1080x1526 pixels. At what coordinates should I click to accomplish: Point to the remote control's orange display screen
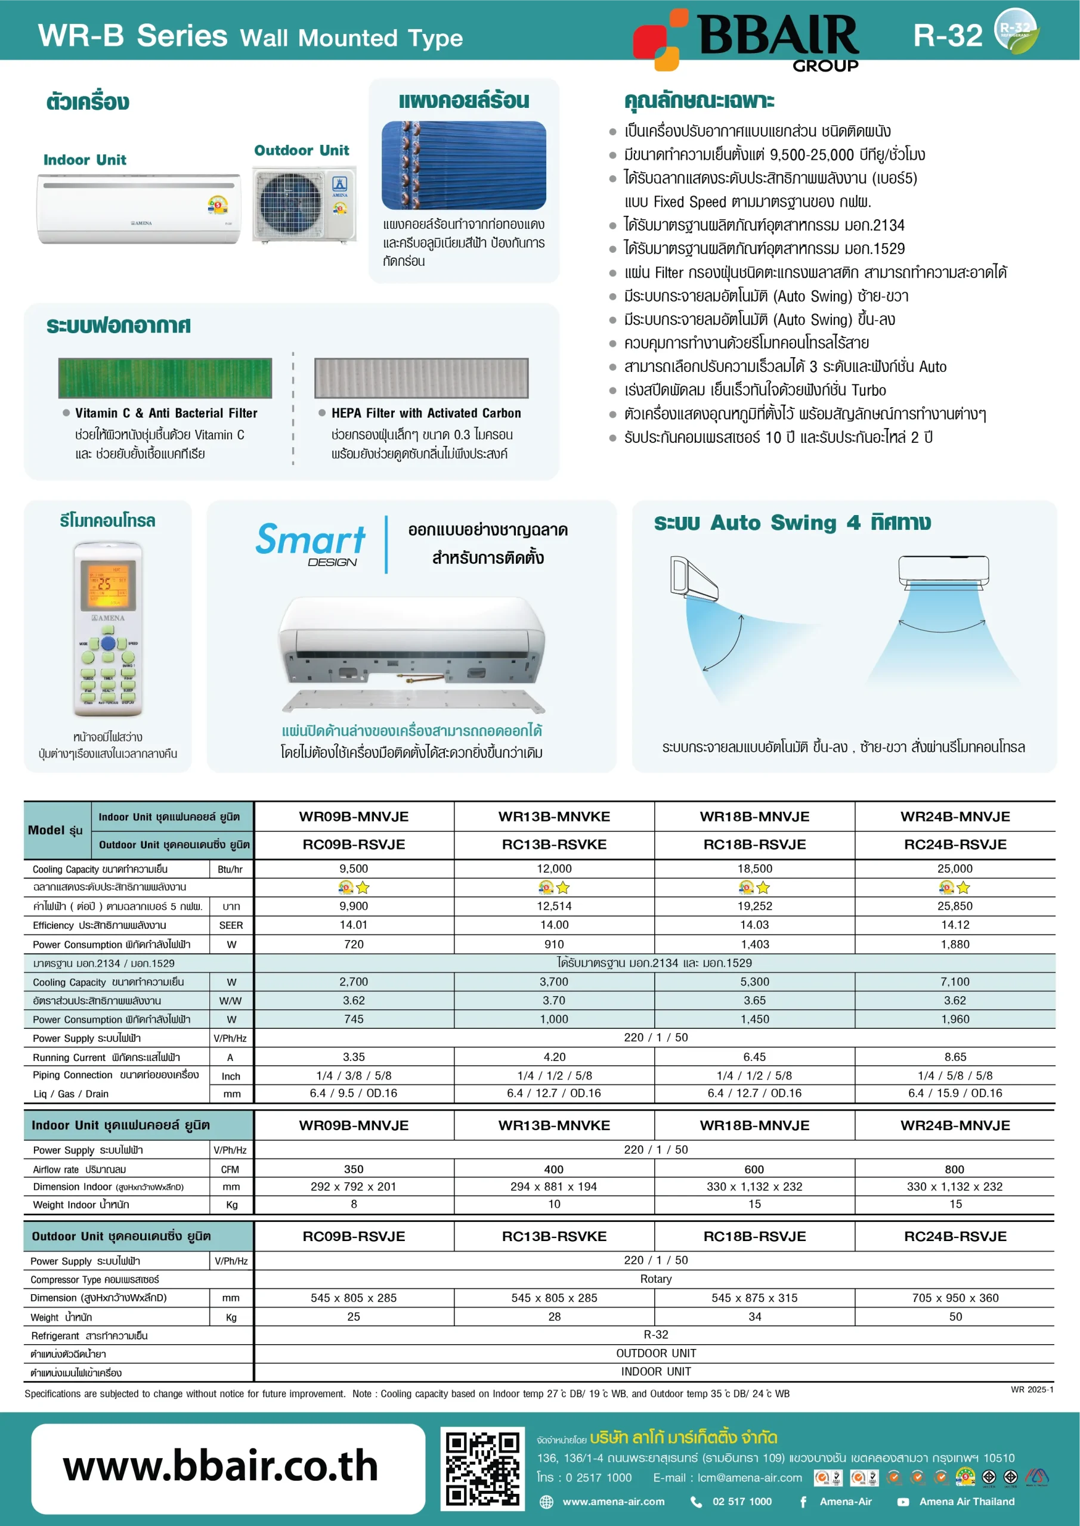tap(108, 584)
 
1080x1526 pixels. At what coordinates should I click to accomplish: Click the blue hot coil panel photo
tap(463, 165)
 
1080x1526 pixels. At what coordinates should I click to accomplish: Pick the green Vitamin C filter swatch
tap(165, 377)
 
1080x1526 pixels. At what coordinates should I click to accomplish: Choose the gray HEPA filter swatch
tap(421, 377)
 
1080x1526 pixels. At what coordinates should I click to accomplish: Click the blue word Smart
tap(311, 539)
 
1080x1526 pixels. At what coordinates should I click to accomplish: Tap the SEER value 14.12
tap(954, 925)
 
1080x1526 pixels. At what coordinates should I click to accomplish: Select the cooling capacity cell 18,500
tap(754, 869)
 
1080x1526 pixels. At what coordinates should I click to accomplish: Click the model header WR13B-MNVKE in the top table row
tap(554, 816)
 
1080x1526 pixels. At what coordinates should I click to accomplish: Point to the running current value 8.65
tap(955, 1057)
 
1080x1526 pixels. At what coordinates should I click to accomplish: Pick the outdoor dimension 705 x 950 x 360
tap(955, 1297)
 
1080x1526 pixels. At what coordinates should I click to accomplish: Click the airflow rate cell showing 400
tap(553, 1169)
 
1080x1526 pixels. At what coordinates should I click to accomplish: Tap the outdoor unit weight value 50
tap(955, 1317)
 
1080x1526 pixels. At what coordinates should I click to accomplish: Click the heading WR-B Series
tap(133, 36)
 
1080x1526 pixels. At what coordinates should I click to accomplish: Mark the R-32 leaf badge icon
tap(1016, 30)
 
